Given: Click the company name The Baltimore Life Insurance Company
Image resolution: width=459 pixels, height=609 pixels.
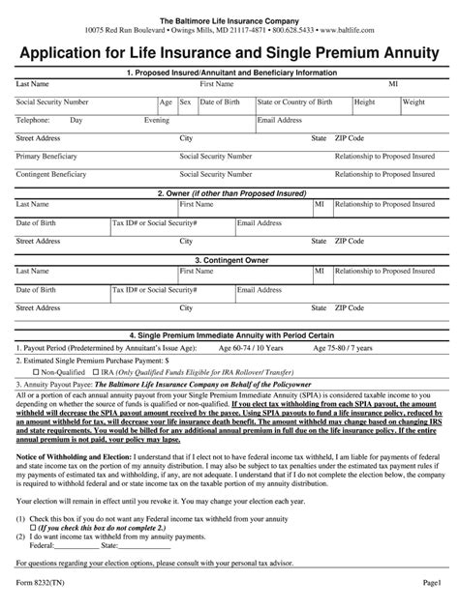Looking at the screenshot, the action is tap(229, 20).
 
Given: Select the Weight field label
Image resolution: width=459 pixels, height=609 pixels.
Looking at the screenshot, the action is tap(413, 101).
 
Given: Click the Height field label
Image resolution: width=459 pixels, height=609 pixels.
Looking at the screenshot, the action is tap(365, 101).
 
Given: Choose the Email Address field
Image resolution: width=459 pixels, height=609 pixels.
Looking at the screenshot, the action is tap(280, 120).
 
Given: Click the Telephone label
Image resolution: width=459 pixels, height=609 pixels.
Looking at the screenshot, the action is tap(33, 120).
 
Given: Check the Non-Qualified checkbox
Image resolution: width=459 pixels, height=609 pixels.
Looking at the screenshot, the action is tap(37, 371).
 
